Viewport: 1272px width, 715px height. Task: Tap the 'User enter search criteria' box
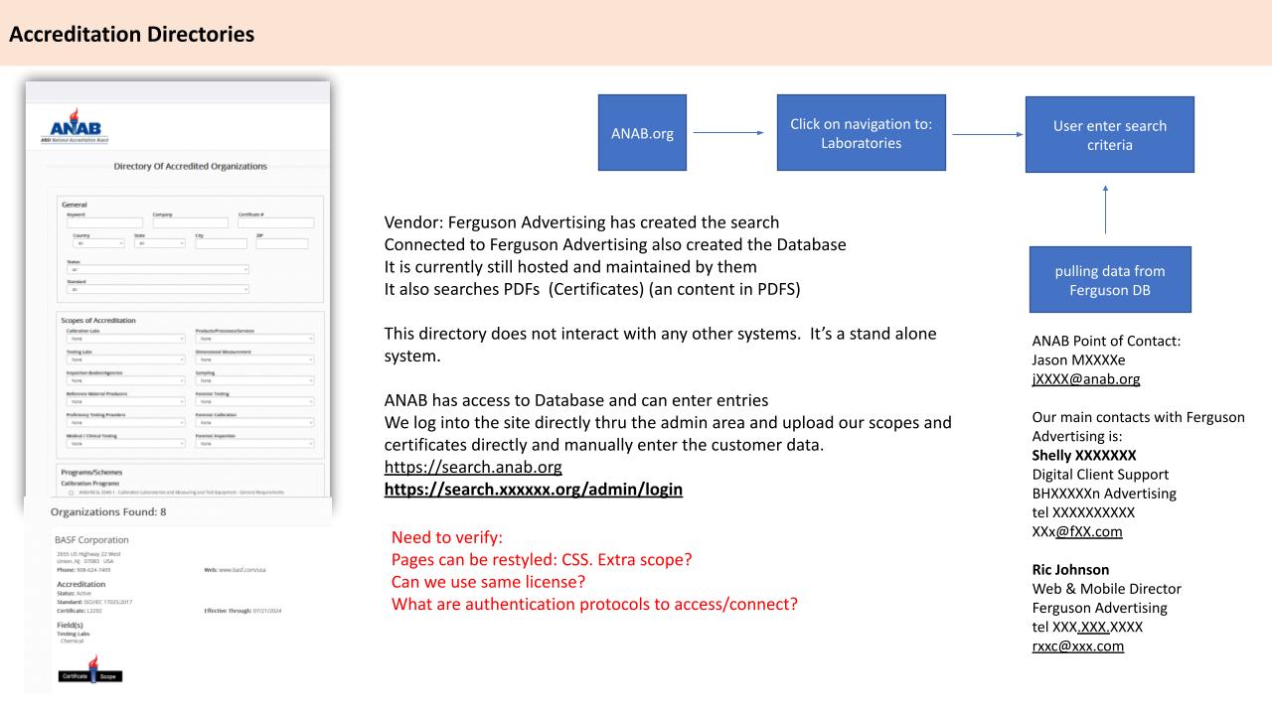[x=1109, y=135]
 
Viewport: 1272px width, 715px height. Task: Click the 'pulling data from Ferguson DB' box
[x=1109, y=280]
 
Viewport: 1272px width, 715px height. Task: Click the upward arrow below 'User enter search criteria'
[x=1105, y=208]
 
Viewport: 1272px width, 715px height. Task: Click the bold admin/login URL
[x=534, y=490]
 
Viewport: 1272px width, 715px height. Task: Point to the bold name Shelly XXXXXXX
[x=1083, y=456]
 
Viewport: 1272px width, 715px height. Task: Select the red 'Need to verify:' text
[x=447, y=537]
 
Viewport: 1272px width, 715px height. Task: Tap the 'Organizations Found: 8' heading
[x=111, y=512]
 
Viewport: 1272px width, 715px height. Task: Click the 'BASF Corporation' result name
[x=92, y=539]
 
